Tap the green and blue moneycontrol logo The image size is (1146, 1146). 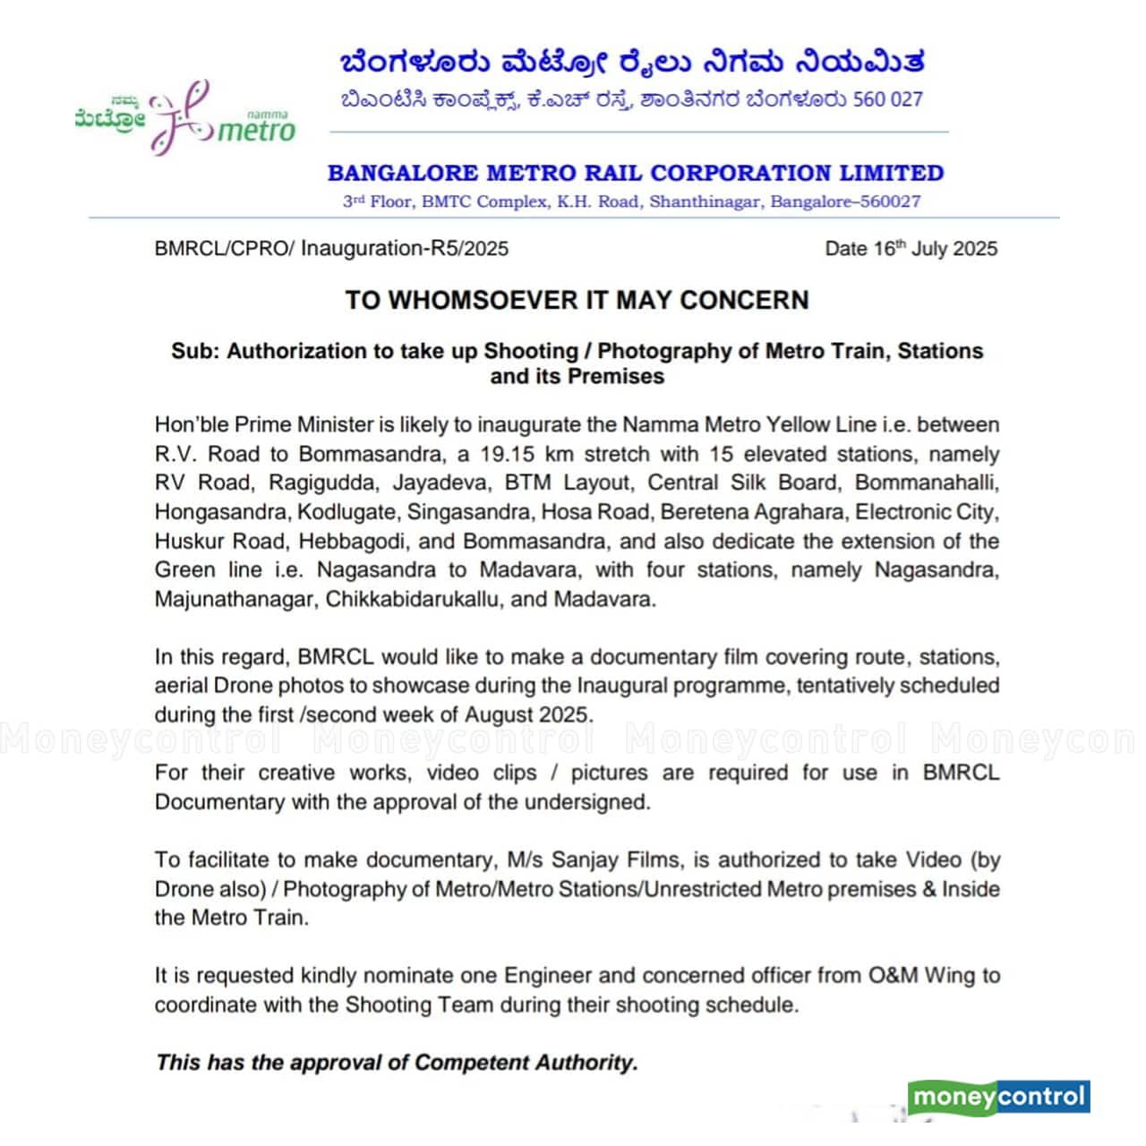(x=998, y=1097)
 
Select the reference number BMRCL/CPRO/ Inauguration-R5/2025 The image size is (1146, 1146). (x=331, y=249)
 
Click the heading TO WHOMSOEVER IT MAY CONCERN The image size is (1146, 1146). (x=577, y=300)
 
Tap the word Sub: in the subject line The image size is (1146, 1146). (x=194, y=351)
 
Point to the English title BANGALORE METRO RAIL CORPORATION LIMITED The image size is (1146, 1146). (x=636, y=173)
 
